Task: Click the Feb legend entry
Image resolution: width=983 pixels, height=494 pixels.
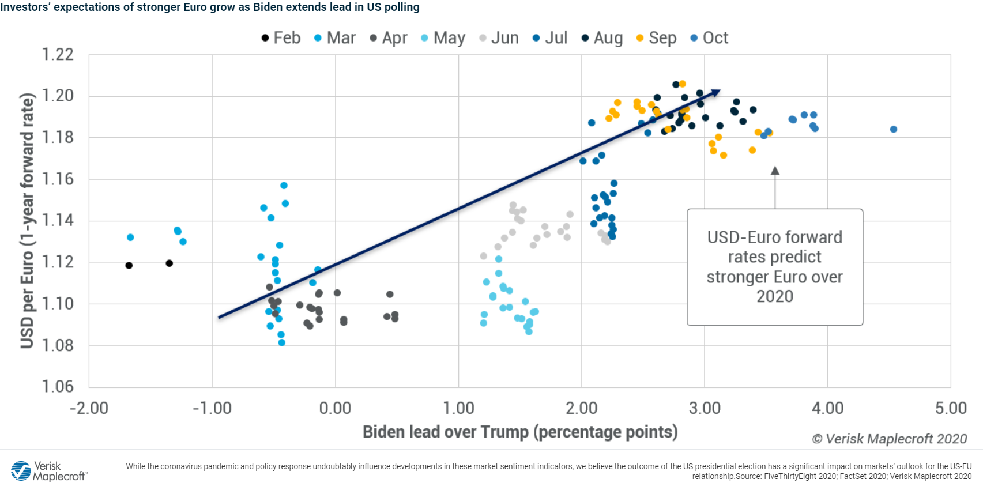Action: [x=281, y=38]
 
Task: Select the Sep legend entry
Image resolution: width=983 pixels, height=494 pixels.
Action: [x=657, y=38]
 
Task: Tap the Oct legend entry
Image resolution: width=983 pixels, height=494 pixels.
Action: [x=710, y=38]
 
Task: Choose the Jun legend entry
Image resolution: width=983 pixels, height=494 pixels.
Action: [x=499, y=38]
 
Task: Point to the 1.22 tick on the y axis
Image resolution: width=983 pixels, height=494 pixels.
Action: [x=58, y=55]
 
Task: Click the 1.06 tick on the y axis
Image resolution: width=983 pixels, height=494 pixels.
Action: [x=58, y=386]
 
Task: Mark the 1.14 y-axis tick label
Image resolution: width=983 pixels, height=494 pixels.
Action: [x=58, y=220]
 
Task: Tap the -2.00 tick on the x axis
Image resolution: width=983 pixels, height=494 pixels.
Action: [x=89, y=408]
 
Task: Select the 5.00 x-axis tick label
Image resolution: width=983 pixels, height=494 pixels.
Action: [x=950, y=408]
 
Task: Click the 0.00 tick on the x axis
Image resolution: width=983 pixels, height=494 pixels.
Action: [x=335, y=408]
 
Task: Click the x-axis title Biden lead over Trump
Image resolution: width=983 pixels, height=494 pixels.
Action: [x=519, y=432]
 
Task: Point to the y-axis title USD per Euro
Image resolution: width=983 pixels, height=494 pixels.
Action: [x=27, y=221]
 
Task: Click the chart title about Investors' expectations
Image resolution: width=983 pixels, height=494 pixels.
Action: [x=210, y=7]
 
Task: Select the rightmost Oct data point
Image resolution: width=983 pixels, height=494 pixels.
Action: [x=893, y=129]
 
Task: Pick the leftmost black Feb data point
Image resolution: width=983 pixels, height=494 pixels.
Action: [x=129, y=265]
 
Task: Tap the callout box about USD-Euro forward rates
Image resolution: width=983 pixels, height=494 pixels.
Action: [x=774, y=267]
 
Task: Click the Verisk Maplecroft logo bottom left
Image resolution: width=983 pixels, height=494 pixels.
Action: [x=48, y=471]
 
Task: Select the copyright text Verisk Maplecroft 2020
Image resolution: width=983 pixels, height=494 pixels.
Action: [x=889, y=439]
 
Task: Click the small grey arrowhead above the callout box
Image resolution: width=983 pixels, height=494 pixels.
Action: [x=775, y=171]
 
